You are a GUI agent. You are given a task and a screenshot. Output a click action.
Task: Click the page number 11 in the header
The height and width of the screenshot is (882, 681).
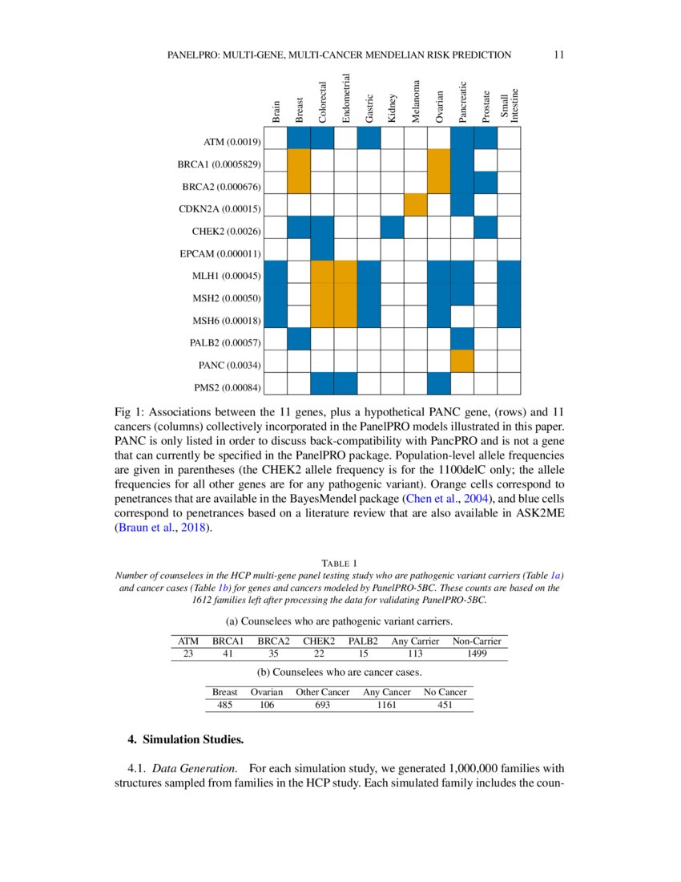pos(559,55)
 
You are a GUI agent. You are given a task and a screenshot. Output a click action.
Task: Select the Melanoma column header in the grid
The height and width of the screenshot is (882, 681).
pos(415,101)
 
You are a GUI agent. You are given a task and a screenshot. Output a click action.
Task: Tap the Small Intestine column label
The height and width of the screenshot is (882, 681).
pos(510,105)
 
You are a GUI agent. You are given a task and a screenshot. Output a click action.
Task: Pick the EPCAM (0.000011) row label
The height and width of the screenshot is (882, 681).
pos(218,254)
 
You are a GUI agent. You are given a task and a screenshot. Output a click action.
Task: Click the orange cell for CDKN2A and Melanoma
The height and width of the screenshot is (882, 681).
pos(415,205)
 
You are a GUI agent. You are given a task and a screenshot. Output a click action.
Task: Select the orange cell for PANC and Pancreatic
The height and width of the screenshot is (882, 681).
pos(462,362)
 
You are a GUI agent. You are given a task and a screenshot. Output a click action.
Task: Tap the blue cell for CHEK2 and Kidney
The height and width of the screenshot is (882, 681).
pos(392,228)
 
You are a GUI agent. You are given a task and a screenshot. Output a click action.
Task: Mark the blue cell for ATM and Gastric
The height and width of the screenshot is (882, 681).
pos(369,138)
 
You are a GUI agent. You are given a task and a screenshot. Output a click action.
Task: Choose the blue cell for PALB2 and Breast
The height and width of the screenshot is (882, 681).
pos(299,339)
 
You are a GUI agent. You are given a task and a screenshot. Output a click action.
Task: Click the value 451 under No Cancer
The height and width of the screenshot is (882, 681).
pos(445,705)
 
